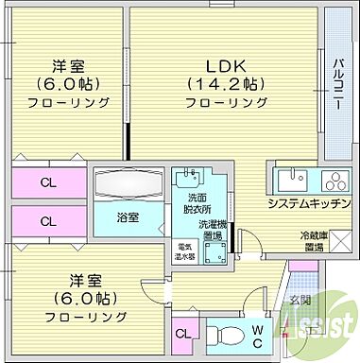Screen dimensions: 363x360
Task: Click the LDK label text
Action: point(227,65)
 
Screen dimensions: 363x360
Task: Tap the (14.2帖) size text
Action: point(227,83)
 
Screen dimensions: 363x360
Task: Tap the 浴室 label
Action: point(128,216)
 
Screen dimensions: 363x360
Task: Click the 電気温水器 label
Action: point(183,251)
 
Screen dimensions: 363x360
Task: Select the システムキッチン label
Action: point(308,204)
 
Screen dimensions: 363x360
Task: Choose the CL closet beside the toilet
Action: point(182,333)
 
